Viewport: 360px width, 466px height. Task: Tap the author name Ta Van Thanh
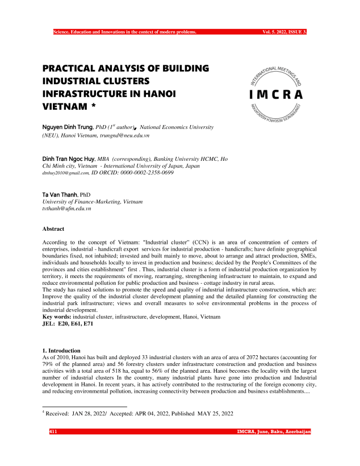point(60,194)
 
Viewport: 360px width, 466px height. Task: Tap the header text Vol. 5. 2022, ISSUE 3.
point(284,32)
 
